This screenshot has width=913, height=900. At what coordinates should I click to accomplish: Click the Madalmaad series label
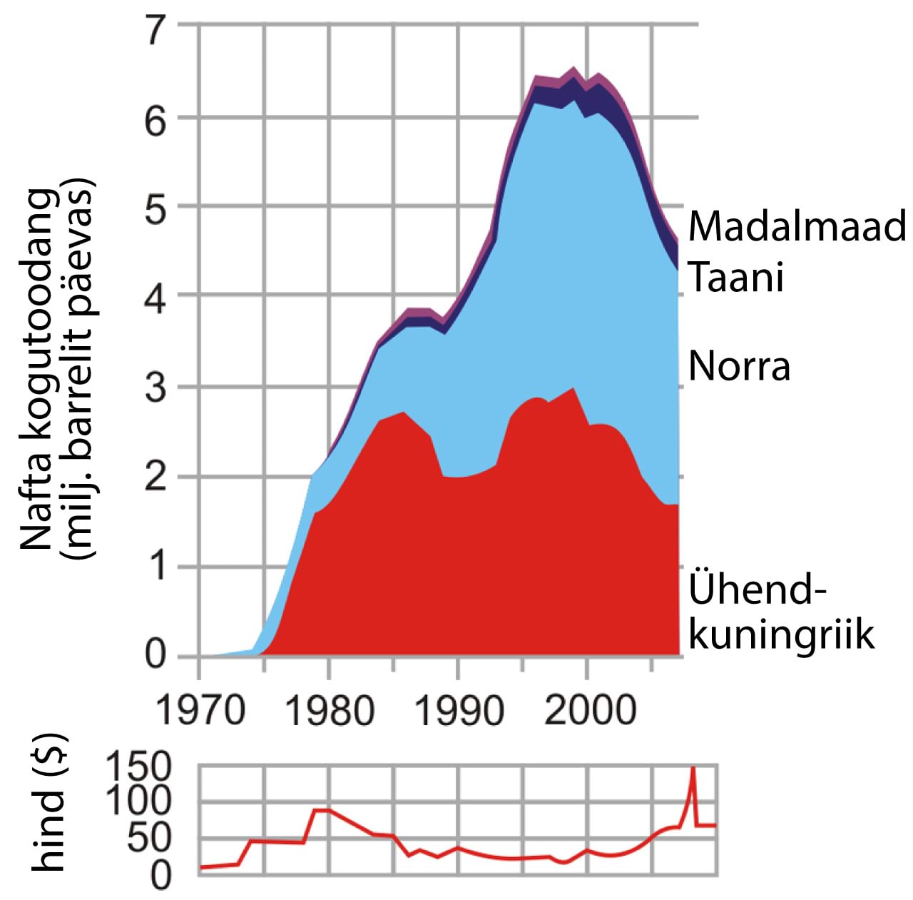796,226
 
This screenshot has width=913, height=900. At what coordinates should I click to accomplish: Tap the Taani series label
736,277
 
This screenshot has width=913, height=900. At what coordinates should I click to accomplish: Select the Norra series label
739,366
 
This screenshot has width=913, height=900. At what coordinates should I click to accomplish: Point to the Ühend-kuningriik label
780,612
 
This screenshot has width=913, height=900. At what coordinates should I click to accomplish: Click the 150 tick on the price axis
139,767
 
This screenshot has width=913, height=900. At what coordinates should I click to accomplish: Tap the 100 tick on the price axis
139,802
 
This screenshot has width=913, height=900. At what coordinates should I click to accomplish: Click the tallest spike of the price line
693,769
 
